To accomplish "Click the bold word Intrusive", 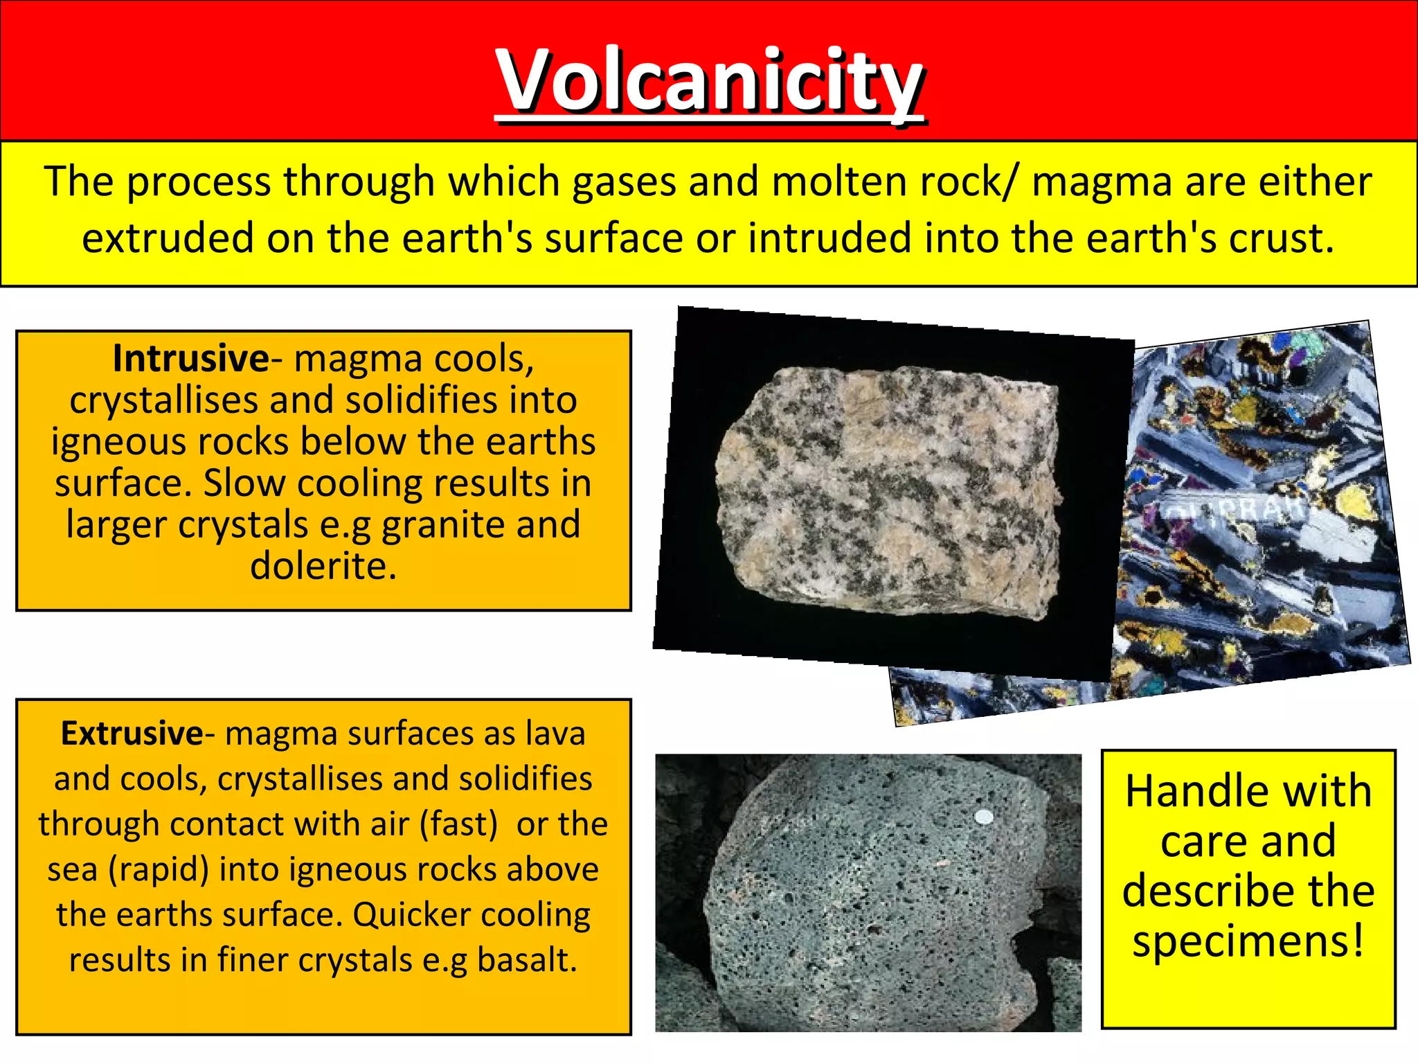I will (x=190, y=359).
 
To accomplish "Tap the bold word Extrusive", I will (x=132, y=734).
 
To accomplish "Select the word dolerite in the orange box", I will (x=323, y=566).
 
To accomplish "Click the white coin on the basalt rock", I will (x=984, y=817).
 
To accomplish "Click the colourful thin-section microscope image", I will (x=1260, y=506).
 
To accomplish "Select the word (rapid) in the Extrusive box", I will (x=159, y=869).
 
